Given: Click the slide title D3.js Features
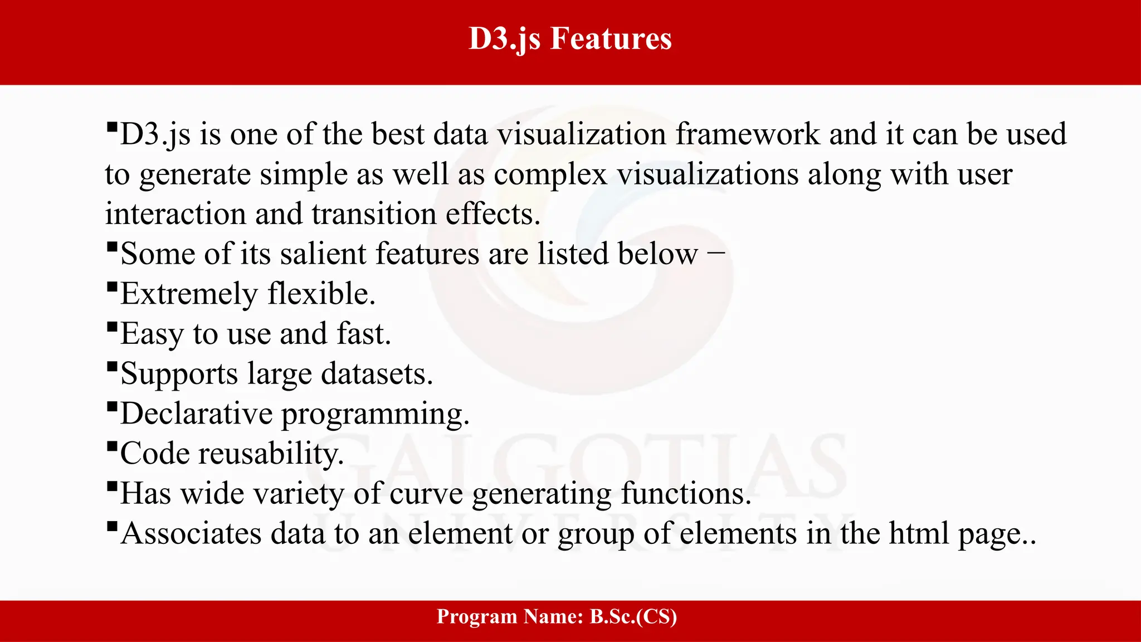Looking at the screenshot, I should pyautogui.click(x=570, y=39).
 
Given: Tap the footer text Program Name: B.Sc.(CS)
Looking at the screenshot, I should pyautogui.click(x=557, y=617).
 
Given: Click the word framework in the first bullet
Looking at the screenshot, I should pyautogui.click(x=748, y=135).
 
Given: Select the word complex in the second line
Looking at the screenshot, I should pyautogui.click(x=550, y=175).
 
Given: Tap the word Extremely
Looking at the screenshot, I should pyautogui.click(x=189, y=295).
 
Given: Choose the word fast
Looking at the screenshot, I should pyautogui.click(x=363, y=334).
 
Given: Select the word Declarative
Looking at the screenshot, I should pyautogui.click(x=196, y=414).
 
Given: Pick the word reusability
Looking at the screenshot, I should pyautogui.click(x=271, y=454).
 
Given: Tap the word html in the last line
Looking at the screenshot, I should pyautogui.click(x=919, y=534).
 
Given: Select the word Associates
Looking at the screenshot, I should pyautogui.click(x=191, y=534).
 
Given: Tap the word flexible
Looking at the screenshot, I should pyautogui.click(x=321, y=294).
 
